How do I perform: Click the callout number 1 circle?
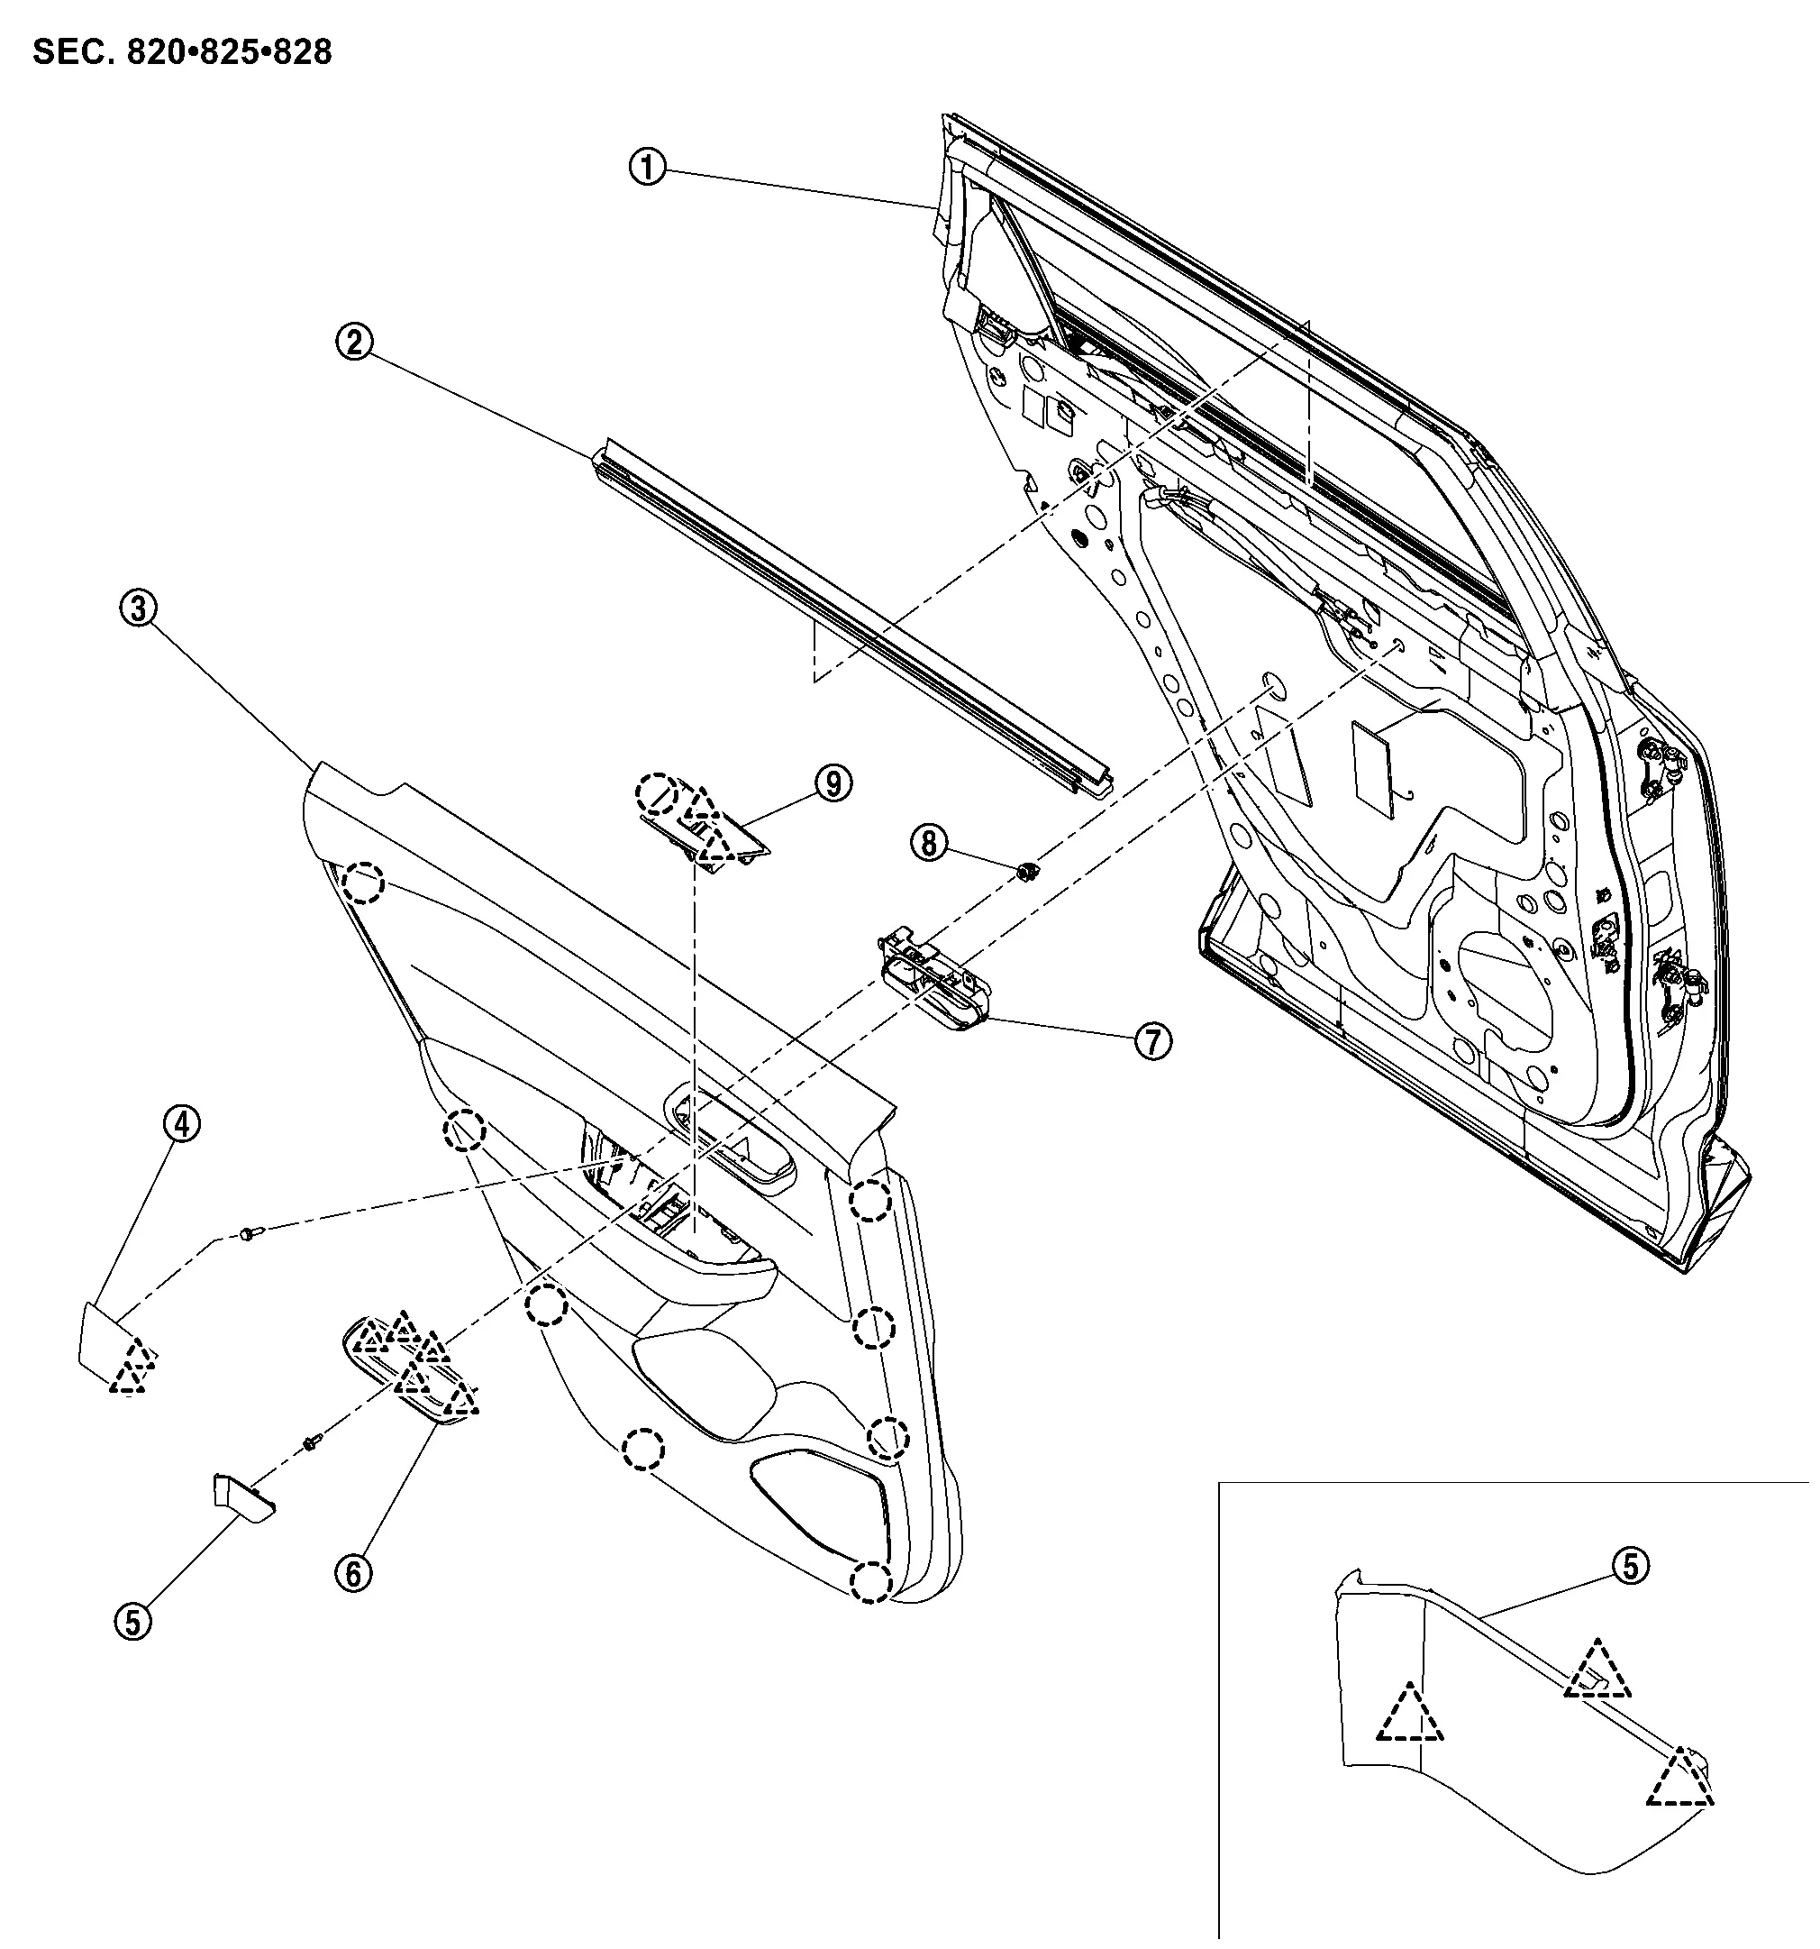[x=647, y=168]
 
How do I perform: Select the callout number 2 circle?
[x=354, y=343]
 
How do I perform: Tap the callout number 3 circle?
[x=138, y=608]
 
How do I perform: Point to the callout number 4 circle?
[x=182, y=1124]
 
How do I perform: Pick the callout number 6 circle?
[x=353, y=1573]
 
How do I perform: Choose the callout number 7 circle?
[x=1152, y=1041]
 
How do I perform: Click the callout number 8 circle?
[x=929, y=842]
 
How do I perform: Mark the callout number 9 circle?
[x=833, y=782]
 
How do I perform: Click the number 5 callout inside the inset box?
[x=1630, y=1566]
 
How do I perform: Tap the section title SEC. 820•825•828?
[x=182, y=52]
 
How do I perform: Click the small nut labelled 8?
[x=1027, y=869]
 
